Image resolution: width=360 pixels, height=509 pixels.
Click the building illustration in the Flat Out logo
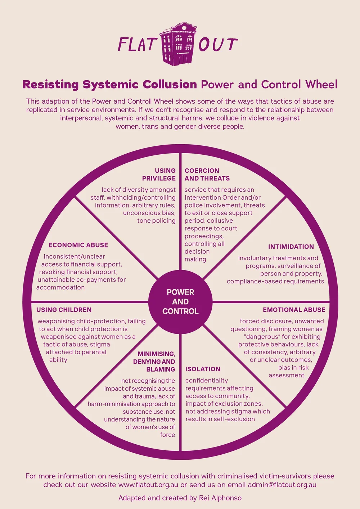(178, 44)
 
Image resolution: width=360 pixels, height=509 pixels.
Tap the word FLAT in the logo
(137, 45)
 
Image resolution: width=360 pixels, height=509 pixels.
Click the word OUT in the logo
(218, 45)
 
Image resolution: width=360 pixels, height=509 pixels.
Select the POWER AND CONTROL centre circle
(180, 301)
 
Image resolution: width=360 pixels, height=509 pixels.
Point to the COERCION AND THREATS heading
(207, 174)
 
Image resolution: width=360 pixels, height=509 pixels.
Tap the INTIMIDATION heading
(291, 247)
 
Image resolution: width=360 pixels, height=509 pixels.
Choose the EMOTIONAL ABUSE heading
(294, 310)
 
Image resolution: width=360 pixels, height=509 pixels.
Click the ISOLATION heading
(203, 369)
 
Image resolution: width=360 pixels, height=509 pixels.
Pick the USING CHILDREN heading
(64, 310)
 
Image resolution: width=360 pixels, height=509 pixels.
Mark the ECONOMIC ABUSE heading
(78, 245)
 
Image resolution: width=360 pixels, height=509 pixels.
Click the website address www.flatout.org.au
(148, 485)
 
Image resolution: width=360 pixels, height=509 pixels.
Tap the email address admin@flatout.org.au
(282, 485)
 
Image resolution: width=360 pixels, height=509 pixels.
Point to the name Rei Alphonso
(220, 498)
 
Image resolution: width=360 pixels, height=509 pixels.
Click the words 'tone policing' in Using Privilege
(156, 221)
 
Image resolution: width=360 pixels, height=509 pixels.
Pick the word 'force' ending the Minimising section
(167, 435)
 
